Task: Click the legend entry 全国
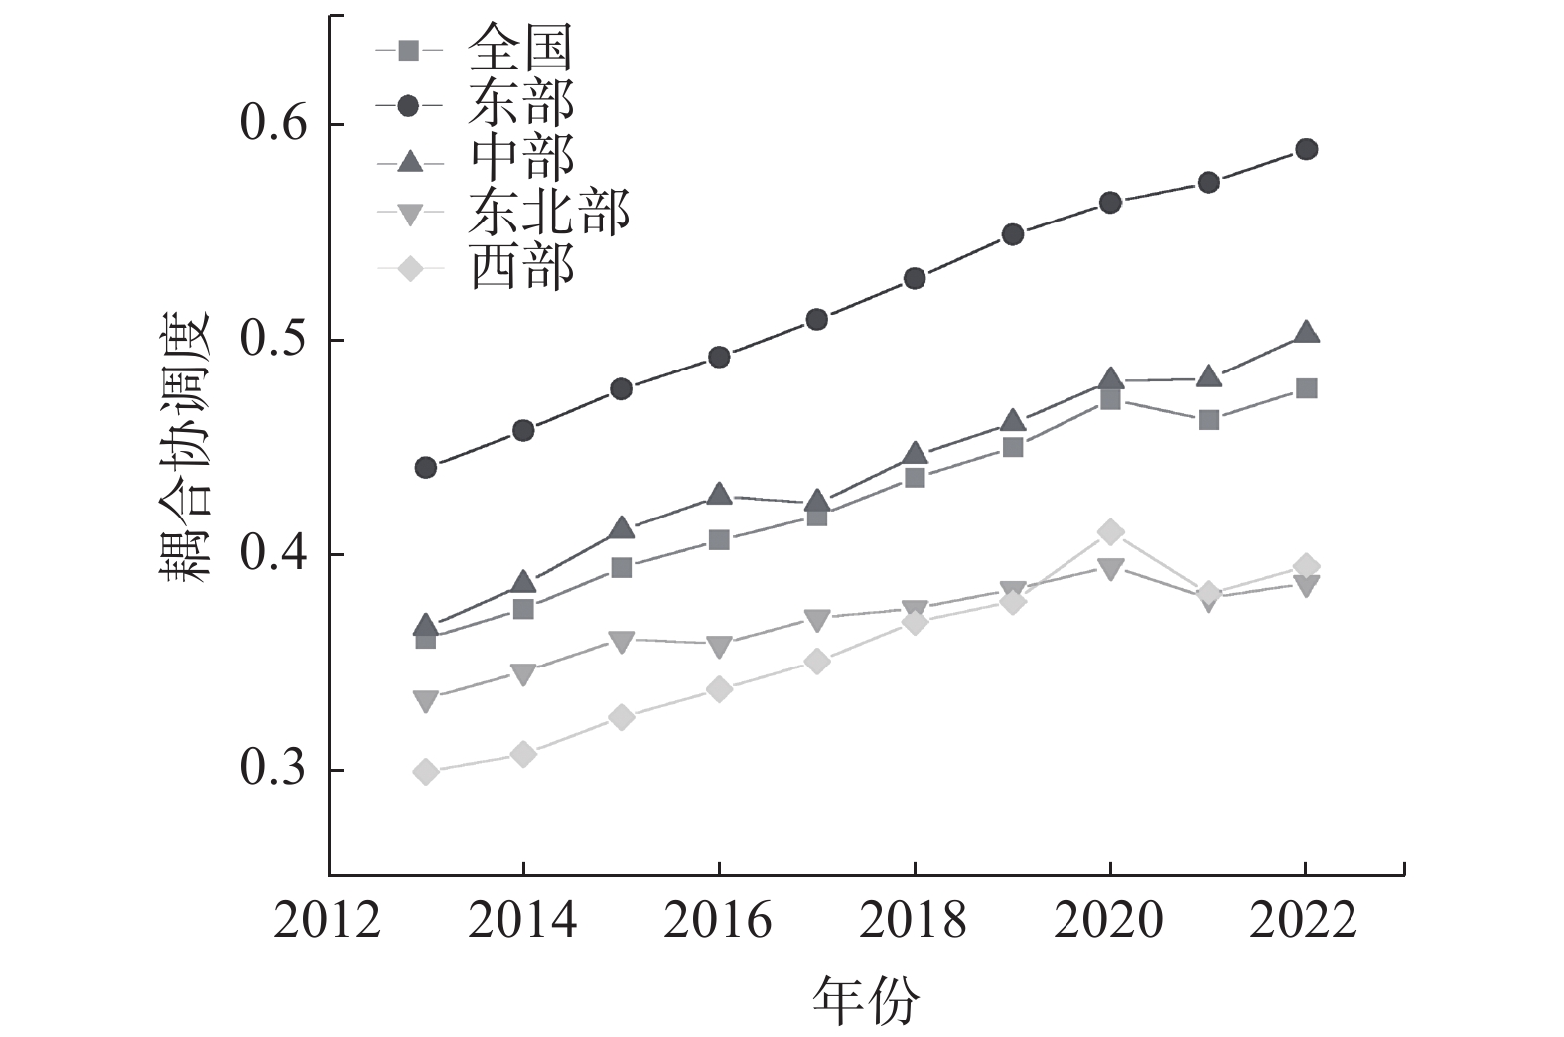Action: pyautogui.click(x=520, y=48)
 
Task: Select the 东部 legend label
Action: pyautogui.click(x=520, y=102)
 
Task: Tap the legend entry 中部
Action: pyautogui.click(x=520, y=157)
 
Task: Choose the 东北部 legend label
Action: pyautogui.click(x=548, y=212)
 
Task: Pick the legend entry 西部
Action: pyautogui.click(x=520, y=266)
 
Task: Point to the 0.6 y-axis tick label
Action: pyautogui.click(x=275, y=125)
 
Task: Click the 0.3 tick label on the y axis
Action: pyautogui.click(x=275, y=770)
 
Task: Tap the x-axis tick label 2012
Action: pyautogui.click(x=327, y=922)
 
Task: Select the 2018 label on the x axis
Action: pyautogui.click(x=913, y=922)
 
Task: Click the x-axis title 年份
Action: pyautogui.click(x=866, y=999)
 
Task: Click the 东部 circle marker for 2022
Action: pyautogui.click(x=1306, y=149)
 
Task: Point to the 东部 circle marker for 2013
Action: pyautogui.click(x=426, y=467)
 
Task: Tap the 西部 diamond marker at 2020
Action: pyautogui.click(x=1110, y=532)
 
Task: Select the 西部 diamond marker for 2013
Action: pyautogui.click(x=426, y=772)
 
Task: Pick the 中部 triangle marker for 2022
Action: pyautogui.click(x=1306, y=333)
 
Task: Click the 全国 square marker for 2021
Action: pyautogui.click(x=1209, y=420)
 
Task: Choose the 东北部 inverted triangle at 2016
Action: pyautogui.click(x=719, y=647)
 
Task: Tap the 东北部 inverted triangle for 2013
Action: pyautogui.click(x=426, y=701)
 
